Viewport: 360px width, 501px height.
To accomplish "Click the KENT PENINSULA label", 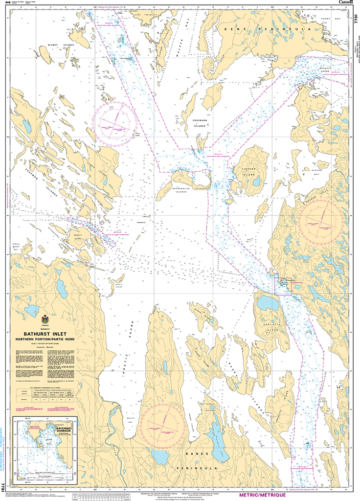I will (267, 29).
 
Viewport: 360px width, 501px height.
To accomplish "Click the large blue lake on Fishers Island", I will (256, 182).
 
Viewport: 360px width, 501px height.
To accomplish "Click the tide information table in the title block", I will (45, 391).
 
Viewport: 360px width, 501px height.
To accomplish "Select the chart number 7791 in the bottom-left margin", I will (3, 488).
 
